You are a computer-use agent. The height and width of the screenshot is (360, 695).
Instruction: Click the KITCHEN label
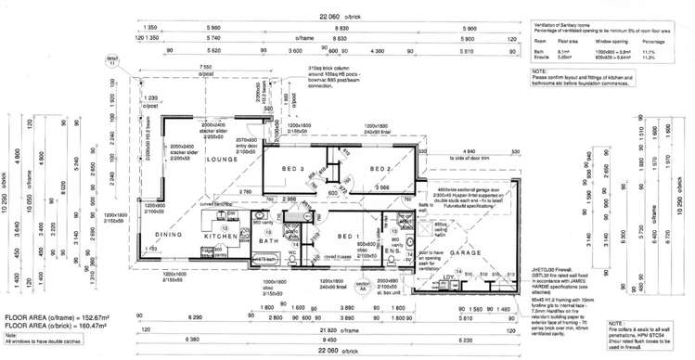tap(221, 237)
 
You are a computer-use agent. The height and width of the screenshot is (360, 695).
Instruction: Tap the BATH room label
tap(269, 242)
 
